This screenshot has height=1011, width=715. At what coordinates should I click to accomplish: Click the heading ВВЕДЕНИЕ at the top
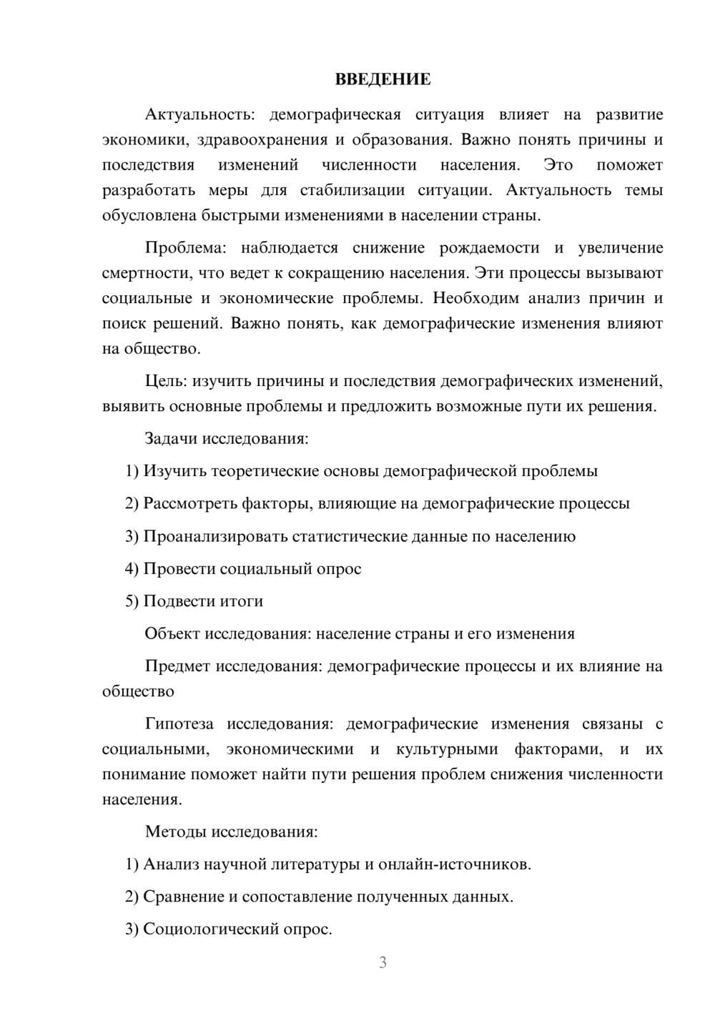pos(383,79)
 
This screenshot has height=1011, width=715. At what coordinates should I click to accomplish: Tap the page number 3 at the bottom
pos(383,962)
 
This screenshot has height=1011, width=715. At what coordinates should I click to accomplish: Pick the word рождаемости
pos(489,248)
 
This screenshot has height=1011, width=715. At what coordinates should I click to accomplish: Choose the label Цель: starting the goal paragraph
pos(166,381)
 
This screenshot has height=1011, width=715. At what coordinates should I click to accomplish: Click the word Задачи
pos(171,438)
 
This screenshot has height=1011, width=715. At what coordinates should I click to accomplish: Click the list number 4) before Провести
pos(132,569)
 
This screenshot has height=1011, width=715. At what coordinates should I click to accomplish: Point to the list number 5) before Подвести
pos(132,601)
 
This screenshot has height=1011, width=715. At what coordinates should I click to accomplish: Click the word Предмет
pos(177,666)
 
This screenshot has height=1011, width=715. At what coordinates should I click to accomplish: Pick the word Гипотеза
pos(179,724)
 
